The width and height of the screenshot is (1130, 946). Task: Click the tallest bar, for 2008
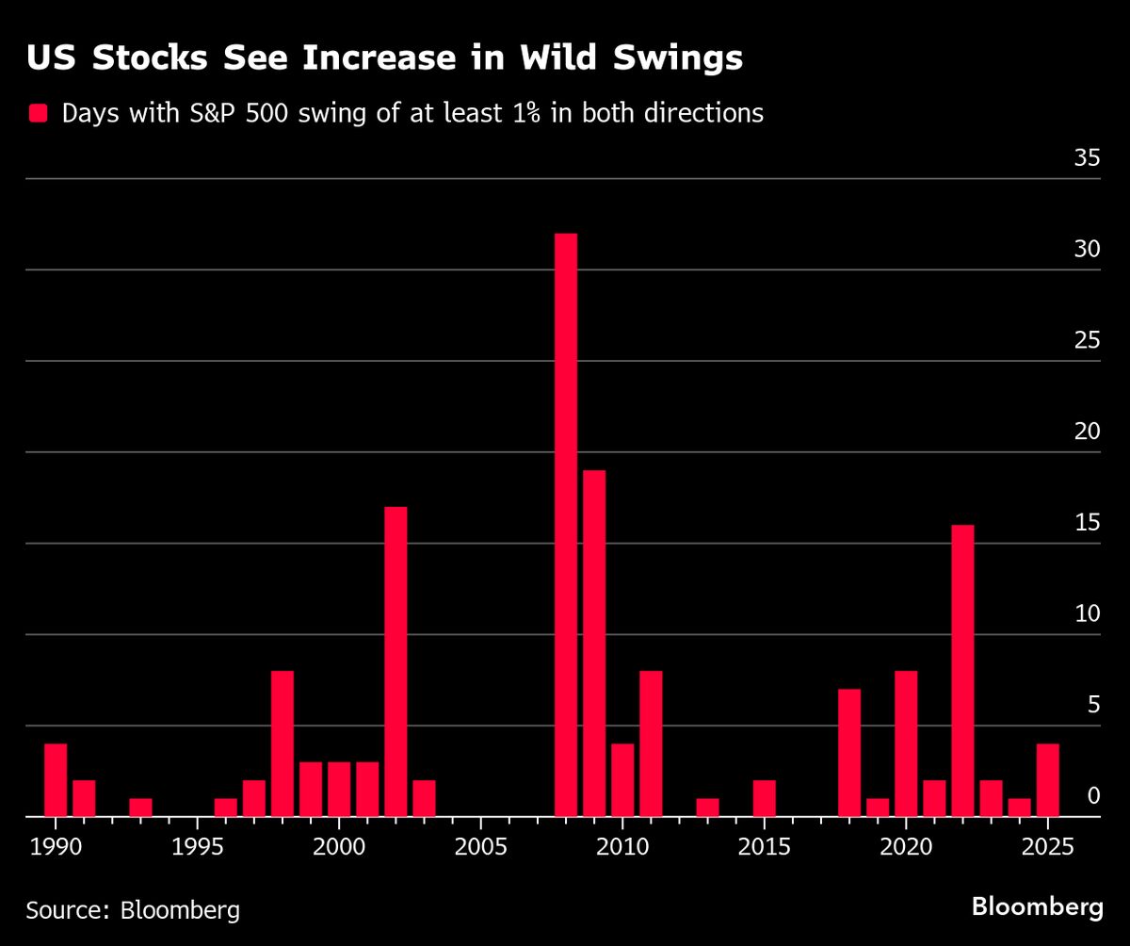coord(566,525)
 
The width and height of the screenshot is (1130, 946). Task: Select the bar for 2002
coord(395,661)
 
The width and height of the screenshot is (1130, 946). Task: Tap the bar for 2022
coord(962,671)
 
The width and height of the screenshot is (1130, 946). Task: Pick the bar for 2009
coord(594,644)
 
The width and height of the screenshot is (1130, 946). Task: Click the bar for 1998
coord(282,743)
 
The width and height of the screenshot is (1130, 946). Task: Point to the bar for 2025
coord(1047,780)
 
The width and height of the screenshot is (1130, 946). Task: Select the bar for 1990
coord(56,780)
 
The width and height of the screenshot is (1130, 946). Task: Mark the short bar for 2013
coord(707,807)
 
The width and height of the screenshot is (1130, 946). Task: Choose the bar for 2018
coord(849,753)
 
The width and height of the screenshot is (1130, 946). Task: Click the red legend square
coord(39,114)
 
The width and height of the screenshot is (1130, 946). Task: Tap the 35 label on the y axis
coord(1087,158)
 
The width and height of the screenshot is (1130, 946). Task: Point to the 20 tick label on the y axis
coord(1087,432)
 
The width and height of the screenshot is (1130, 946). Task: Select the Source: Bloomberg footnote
coord(133,910)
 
